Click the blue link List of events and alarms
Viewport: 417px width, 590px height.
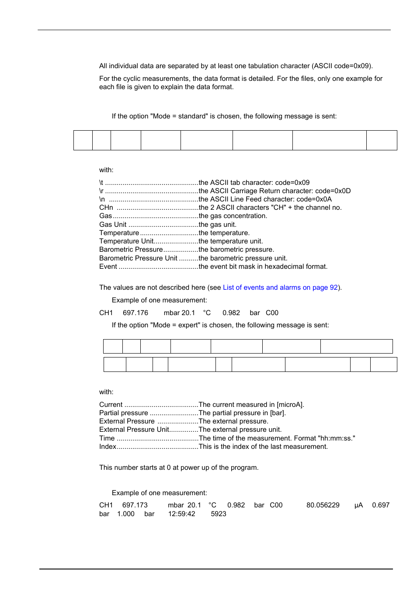280,288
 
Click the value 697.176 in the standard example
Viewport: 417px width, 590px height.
136,313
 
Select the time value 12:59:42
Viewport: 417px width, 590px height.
182,514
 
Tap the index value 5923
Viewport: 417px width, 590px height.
219,514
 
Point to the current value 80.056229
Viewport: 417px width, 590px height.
323,505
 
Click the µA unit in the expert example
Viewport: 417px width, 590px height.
359,505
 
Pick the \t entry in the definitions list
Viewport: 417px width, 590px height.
101,183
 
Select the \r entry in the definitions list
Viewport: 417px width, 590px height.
101,191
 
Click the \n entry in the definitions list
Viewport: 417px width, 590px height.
102,199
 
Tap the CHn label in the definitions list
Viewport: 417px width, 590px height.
106,208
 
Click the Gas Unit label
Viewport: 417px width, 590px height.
113,225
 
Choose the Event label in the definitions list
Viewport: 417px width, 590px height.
108,267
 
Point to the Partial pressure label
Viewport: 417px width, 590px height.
124,413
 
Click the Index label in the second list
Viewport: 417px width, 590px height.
108,447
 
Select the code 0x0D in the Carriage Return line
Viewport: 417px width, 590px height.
342,191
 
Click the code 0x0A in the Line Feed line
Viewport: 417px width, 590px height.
323,199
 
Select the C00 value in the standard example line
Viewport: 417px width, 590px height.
272,313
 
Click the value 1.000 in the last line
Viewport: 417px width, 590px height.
126,514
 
